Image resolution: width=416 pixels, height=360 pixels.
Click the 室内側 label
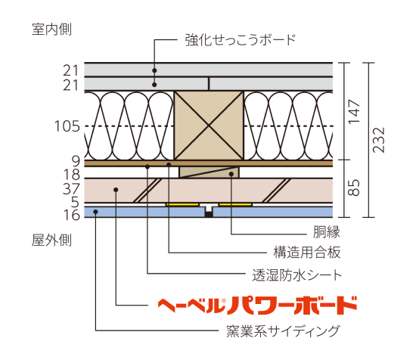tap(51, 29)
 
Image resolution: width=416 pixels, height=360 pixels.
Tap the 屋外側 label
tap(51, 241)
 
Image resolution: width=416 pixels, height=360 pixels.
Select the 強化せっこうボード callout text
tap(241, 40)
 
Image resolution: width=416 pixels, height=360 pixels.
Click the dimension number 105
tap(67, 126)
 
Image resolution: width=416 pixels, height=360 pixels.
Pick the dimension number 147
tap(354, 112)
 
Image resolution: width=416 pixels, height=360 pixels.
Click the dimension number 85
tap(354, 188)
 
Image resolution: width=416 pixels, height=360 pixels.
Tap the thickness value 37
tap(71, 189)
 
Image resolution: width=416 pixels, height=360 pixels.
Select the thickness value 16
tap(72, 215)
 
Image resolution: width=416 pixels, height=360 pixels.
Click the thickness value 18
tap(72, 175)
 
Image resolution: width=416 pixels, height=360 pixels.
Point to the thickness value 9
tap(76, 161)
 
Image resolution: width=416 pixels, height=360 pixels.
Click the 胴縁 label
tap(327, 232)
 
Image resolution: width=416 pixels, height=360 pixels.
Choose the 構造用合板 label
tap(307, 253)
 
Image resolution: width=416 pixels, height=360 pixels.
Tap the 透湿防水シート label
tap(297, 275)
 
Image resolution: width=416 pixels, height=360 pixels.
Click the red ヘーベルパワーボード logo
tap(257, 306)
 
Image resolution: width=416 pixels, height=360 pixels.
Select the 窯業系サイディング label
tap(283, 331)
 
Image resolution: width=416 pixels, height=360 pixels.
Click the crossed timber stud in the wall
tap(209, 126)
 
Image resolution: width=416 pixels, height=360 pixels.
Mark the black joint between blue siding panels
tap(209, 214)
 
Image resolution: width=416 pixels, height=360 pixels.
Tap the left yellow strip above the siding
tap(182, 204)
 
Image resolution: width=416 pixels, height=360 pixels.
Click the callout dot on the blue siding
tap(95, 212)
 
